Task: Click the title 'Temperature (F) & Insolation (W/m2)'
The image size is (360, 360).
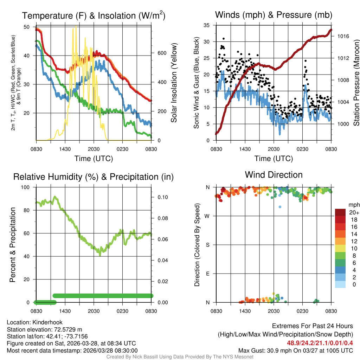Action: pos(94,16)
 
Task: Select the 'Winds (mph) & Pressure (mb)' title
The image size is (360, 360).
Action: pos(274,15)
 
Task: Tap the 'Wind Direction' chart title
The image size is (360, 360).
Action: pos(274,175)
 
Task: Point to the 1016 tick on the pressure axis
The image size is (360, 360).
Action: pos(343,36)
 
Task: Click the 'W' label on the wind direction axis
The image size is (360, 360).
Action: pos(208,216)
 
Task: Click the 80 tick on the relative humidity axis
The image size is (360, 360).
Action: pos(28,210)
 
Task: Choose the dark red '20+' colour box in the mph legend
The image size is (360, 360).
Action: pos(340,212)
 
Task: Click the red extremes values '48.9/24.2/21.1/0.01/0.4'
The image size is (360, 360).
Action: pos(320,343)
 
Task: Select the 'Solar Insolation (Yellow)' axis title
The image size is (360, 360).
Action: pos(174,83)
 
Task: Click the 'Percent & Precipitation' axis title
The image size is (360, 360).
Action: pos(12,245)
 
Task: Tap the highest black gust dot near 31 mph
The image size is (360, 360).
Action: pos(224,39)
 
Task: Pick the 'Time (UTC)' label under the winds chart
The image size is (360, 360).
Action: pos(274,159)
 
